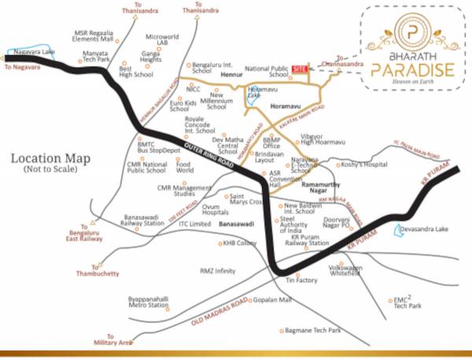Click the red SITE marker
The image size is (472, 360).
click(x=298, y=69)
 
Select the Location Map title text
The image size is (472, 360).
click(x=50, y=159)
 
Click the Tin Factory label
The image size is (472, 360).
click(x=301, y=280)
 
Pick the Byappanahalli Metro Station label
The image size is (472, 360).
click(x=148, y=302)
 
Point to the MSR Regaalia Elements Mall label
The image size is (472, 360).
click(x=94, y=32)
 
